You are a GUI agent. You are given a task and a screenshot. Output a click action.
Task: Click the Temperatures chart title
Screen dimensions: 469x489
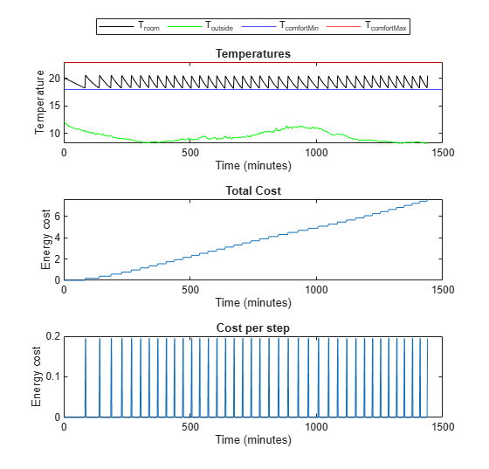[252, 54]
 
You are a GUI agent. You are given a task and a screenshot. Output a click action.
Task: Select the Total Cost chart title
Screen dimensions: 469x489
[252, 190]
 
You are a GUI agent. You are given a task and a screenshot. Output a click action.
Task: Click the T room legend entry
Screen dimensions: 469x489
[148, 28]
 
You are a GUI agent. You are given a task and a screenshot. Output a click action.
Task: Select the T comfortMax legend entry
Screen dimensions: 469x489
[385, 28]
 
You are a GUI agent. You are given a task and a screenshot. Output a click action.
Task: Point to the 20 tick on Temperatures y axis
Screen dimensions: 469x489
[53, 79]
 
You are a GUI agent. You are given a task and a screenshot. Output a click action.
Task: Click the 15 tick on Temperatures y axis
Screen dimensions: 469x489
[53, 106]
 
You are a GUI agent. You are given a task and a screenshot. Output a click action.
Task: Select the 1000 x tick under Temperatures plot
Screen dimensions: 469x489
[316, 152]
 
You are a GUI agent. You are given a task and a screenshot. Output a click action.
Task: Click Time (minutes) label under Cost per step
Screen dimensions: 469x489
[252, 439]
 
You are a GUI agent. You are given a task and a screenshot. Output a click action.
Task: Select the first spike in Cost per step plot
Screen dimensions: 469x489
[86, 376]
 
